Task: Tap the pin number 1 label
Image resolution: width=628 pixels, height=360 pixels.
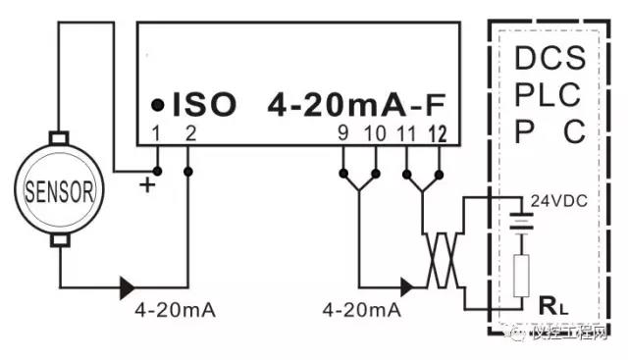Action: click(155, 133)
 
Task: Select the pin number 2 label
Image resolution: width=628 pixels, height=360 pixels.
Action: click(188, 133)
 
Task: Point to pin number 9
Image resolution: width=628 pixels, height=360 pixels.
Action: click(342, 133)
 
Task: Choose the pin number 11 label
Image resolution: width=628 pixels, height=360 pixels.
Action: click(406, 133)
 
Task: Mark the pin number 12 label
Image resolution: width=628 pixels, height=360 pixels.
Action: click(437, 133)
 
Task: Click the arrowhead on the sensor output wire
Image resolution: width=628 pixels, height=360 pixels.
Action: click(127, 287)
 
